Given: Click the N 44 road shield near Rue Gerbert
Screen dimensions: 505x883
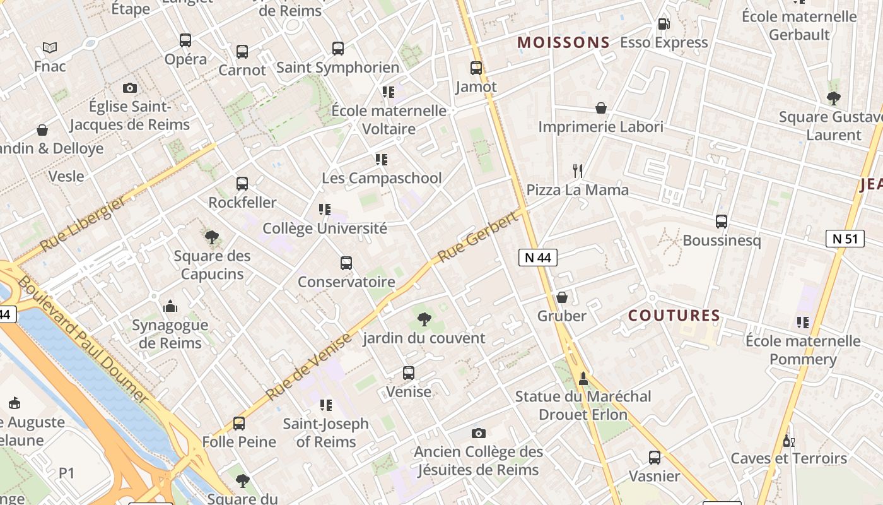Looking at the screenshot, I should coord(538,258).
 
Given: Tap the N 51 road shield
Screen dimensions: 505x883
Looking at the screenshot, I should coord(845,239).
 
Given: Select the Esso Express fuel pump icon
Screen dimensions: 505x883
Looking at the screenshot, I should coord(664,24).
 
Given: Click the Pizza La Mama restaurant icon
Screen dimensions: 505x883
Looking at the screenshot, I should coord(577,170).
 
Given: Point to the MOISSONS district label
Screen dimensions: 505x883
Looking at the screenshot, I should coord(563,43).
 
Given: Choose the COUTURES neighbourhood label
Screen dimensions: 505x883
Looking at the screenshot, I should coord(674,316).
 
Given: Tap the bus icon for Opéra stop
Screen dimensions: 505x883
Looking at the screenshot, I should coord(185,40).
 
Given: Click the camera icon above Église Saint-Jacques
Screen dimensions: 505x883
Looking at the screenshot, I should coord(130,88).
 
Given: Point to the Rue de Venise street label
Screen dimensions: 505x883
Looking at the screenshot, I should coord(308,367).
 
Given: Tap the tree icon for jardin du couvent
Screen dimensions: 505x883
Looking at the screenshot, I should coord(424,319).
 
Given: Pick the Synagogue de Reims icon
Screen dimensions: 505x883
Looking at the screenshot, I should coord(170,307).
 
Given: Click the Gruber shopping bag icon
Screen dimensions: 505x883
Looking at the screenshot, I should coord(561,297).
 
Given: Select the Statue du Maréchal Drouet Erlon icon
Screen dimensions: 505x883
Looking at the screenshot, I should coord(583,378).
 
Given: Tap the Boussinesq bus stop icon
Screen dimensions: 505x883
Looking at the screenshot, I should coord(722,222).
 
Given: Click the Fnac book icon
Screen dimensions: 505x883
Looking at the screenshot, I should coord(50,47).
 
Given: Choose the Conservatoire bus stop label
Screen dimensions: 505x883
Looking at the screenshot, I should coord(346,282).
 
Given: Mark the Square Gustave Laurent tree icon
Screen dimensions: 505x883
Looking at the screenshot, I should coord(833,98).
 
